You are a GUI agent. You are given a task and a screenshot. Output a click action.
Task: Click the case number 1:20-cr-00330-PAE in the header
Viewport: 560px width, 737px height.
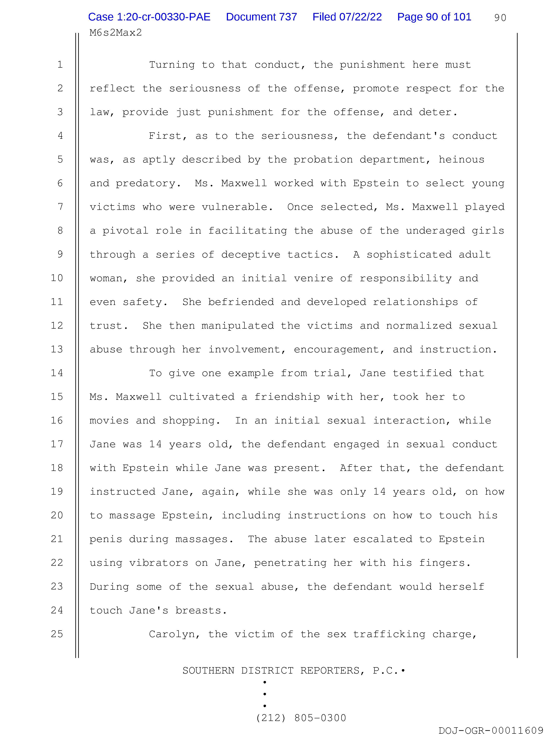149,17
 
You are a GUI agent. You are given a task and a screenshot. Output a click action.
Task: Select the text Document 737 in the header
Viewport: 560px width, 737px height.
261,17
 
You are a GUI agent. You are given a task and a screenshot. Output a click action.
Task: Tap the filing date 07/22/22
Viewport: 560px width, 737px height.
360,17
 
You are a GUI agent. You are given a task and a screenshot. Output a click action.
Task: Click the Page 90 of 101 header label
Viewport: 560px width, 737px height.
434,17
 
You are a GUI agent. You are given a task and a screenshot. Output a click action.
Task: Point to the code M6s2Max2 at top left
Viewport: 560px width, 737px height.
116,33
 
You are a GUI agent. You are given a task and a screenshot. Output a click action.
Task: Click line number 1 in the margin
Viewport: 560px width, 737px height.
60,64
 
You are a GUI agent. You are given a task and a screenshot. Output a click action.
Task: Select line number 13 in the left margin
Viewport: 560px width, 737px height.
57,349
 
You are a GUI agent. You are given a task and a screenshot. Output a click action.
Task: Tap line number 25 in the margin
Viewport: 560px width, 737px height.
57,634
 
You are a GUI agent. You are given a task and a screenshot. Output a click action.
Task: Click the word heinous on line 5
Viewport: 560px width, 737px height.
461,160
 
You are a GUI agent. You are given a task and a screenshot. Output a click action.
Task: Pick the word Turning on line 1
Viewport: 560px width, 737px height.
172,65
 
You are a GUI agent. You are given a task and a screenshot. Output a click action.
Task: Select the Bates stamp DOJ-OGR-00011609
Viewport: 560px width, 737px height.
491,731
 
